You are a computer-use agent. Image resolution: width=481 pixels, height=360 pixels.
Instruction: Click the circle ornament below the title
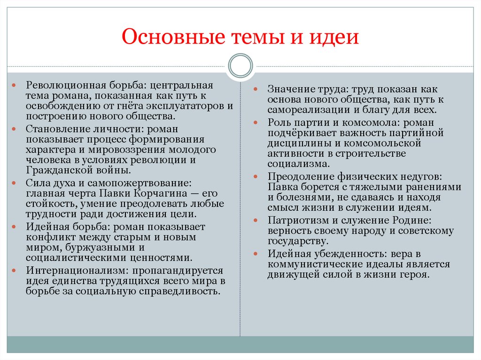(x=240, y=66)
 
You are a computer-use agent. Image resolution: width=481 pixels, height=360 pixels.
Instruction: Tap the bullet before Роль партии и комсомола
(x=256, y=123)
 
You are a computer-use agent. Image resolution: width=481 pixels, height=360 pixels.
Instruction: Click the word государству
(x=297, y=241)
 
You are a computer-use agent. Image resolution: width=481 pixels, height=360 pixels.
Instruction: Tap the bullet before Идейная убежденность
(x=256, y=254)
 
